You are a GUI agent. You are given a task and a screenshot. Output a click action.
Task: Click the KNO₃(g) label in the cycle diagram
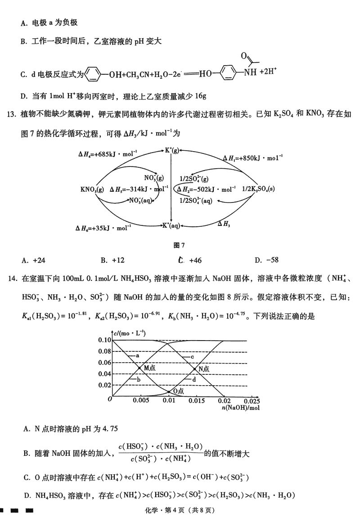[x=92, y=189]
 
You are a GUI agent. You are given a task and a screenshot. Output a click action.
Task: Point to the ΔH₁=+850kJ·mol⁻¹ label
[x=253, y=158]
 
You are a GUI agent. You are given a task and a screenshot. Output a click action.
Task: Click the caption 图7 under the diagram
[x=180, y=245]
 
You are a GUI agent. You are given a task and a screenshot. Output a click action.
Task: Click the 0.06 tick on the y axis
[x=104, y=363]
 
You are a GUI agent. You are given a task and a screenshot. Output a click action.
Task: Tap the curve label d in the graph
[x=193, y=380]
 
